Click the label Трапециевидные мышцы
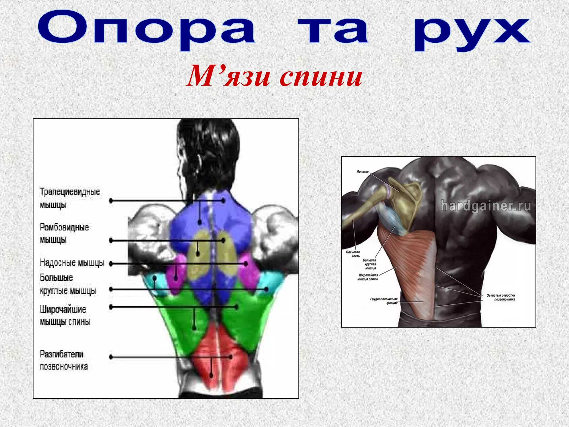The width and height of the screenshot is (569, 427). [69, 198]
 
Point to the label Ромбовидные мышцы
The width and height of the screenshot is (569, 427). [64, 233]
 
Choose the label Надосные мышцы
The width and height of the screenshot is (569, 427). [72, 262]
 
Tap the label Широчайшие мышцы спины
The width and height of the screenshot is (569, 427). [65, 315]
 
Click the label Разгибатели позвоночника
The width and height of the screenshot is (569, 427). [63, 360]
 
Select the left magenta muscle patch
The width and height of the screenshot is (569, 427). [176, 274]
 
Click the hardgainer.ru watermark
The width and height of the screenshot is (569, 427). [486, 206]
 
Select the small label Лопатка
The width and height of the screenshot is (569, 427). [362, 172]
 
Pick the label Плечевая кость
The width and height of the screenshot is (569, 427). [353, 254]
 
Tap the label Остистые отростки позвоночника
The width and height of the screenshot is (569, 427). [501, 297]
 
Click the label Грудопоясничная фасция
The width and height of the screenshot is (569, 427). [384, 301]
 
